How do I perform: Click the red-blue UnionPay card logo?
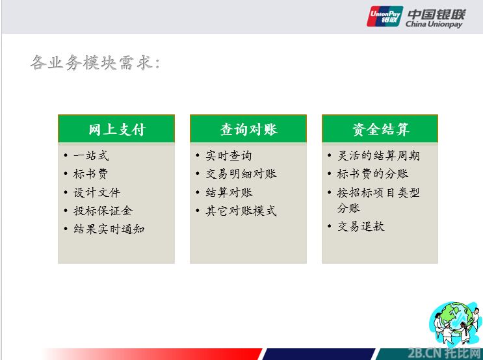pyautogui.click(x=385, y=16)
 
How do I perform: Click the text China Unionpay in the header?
pyautogui.click(x=434, y=24)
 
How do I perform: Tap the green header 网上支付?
pyautogui.click(x=116, y=129)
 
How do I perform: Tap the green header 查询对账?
pyautogui.click(x=248, y=129)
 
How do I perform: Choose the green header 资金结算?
pyautogui.click(x=380, y=129)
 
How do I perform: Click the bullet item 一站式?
pyautogui.click(x=91, y=155)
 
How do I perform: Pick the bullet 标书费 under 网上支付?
pyautogui.click(x=90, y=174)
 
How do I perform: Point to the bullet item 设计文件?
pyautogui.click(x=97, y=192)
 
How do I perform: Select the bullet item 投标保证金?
pyautogui.click(x=103, y=211)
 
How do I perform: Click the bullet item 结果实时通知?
pyautogui.click(x=109, y=229)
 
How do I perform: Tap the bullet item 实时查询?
pyautogui.click(x=229, y=155)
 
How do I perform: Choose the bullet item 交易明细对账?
pyautogui.click(x=241, y=174)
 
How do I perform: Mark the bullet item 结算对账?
pyautogui.click(x=229, y=192)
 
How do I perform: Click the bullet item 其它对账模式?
pyautogui.click(x=241, y=211)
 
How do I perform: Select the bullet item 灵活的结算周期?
pyautogui.click(x=378, y=155)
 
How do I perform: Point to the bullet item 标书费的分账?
pyautogui.click(x=372, y=174)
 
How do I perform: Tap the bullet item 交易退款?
pyautogui.click(x=361, y=226)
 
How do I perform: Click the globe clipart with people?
pyautogui.click(x=455, y=324)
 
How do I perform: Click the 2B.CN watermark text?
pyautogui.click(x=444, y=353)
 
